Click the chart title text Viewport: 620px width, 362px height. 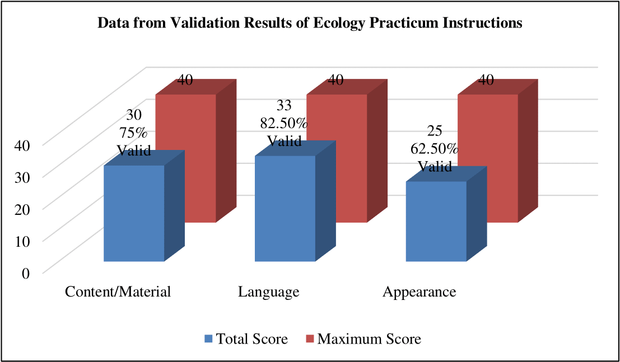[310, 23]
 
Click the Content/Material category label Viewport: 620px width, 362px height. [118, 292]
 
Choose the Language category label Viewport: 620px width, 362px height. [268, 292]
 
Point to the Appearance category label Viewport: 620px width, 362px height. [419, 292]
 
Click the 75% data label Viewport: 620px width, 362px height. [133, 133]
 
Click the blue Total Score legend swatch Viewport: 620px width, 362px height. [209, 339]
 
